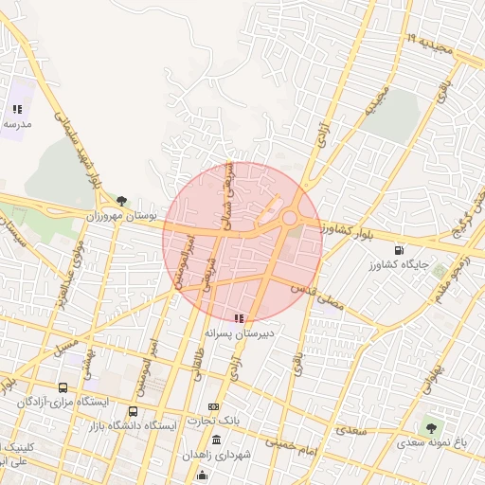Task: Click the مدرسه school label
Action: [x=17, y=124]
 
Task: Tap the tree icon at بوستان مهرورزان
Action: [x=122, y=199]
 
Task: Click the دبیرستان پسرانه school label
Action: [x=241, y=333]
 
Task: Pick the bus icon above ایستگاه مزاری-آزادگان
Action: [x=63, y=387]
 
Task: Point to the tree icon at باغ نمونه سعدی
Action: [x=432, y=427]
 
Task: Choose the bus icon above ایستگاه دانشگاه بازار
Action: [x=133, y=412]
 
